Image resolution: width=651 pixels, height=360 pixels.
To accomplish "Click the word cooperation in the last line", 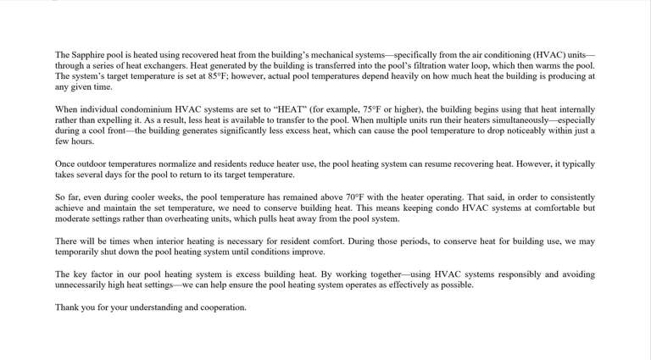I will pos(221,307).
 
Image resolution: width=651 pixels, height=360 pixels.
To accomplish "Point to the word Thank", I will pos(68,307).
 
